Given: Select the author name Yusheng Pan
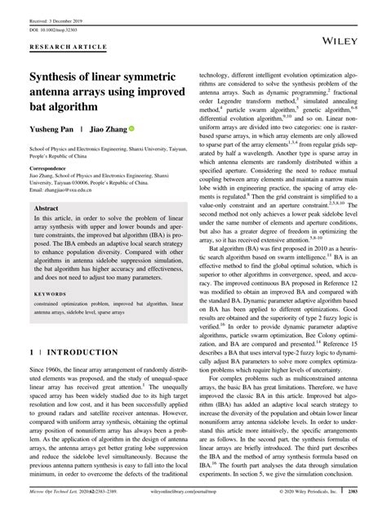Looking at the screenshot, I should [54, 129].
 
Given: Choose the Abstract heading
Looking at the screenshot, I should [48, 209].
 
